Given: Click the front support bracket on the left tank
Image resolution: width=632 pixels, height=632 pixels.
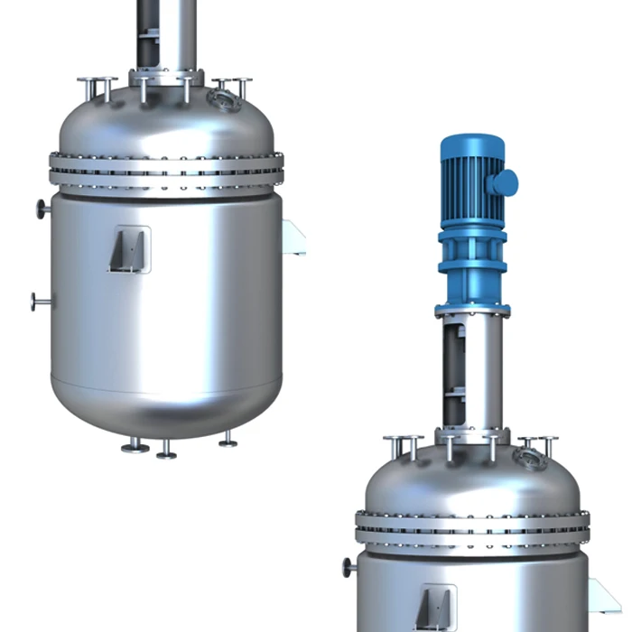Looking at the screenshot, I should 129,249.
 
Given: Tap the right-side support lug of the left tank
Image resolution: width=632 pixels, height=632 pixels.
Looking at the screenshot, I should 293,237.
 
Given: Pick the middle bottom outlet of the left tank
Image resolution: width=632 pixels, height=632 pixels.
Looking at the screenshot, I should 166,450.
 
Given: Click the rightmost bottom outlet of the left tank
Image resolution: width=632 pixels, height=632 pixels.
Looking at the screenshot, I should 228,440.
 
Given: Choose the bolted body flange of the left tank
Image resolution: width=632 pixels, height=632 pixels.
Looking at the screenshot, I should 166,170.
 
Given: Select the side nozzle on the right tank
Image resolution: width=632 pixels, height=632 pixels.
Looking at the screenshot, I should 349,568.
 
